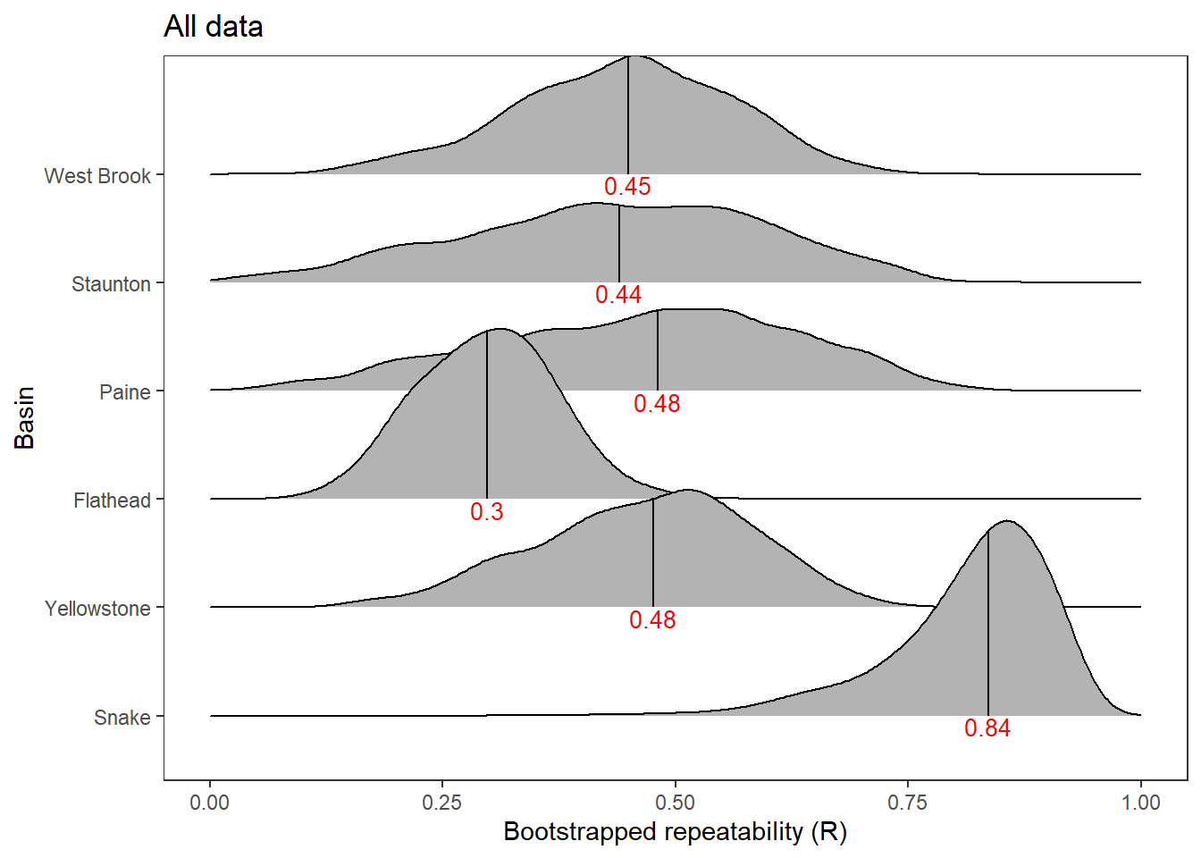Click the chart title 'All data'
point(214,27)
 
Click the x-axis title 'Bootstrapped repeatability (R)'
point(675,832)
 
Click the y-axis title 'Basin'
point(25,417)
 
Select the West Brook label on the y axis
point(97,176)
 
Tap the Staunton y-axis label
point(111,284)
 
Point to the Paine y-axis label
point(125,392)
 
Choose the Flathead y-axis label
point(112,500)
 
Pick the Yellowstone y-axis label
point(97,609)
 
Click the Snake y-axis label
point(122,718)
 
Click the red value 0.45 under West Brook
point(627,187)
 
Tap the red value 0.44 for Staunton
point(618,295)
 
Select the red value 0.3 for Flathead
point(487,512)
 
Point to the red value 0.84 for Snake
point(987,728)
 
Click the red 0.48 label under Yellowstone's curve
point(652,620)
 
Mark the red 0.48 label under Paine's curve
point(657,404)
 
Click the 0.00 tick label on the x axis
point(209,803)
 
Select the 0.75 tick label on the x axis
point(908,803)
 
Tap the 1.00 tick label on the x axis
point(1141,803)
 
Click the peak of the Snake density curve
point(1007,521)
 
